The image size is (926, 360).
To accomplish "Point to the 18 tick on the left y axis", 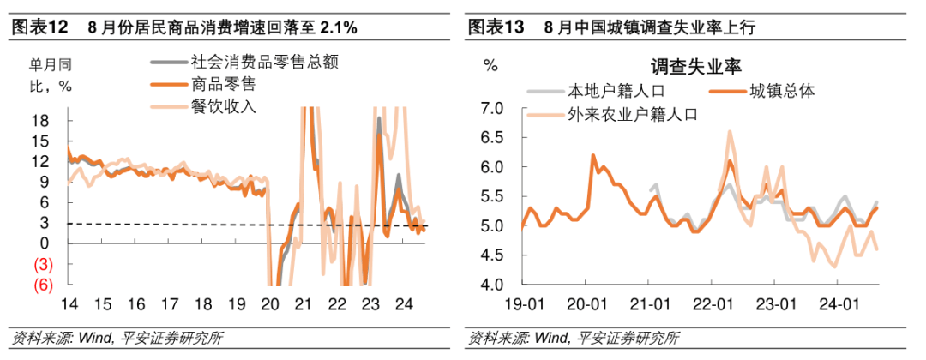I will point(40,121).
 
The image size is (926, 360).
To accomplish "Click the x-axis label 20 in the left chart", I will point(270,303).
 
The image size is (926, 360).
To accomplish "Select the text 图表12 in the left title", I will point(39,27).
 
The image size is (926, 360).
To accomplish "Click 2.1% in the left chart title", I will point(339,27).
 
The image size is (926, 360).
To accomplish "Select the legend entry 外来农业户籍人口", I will point(634,112).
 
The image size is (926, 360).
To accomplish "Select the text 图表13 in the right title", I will point(496,27).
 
